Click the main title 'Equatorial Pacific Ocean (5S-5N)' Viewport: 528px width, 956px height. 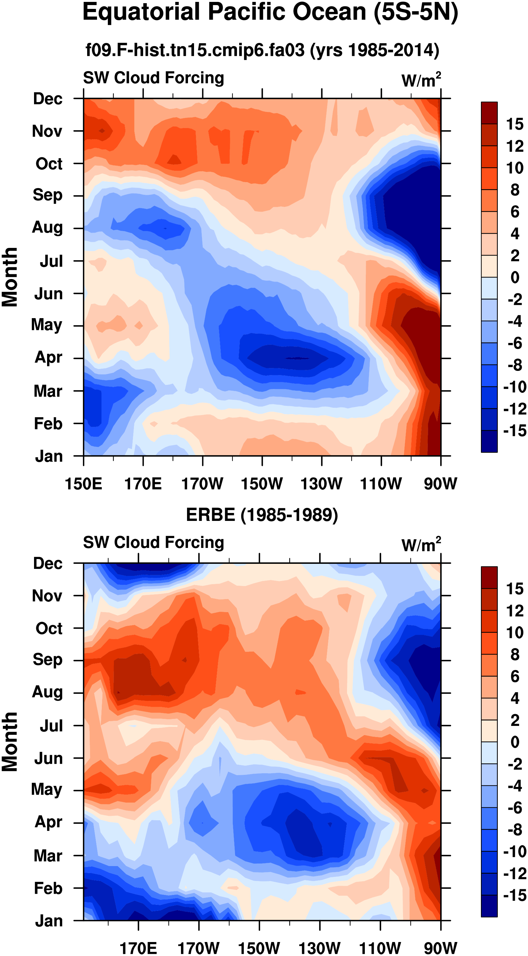click(270, 13)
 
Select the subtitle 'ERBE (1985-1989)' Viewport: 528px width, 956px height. click(262, 515)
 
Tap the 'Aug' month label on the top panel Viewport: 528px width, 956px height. click(47, 228)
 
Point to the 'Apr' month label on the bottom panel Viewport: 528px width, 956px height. click(48, 822)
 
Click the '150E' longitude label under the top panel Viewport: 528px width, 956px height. click(84, 484)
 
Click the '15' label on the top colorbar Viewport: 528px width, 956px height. click(515, 124)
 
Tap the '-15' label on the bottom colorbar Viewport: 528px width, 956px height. click(515, 895)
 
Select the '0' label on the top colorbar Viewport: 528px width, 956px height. click(515, 277)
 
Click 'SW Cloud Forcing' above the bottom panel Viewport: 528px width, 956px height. click(153, 542)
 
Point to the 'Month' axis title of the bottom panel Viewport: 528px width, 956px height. click(10, 741)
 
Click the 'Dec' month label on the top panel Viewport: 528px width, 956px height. click(47, 99)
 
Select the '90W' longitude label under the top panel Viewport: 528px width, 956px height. click(441, 484)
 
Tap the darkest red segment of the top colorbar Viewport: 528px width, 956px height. click(489, 113)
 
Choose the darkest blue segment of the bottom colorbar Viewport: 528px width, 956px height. click(489, 906)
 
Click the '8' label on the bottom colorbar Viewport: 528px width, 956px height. click(515, 655)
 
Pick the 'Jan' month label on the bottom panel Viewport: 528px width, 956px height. click(49, 921)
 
